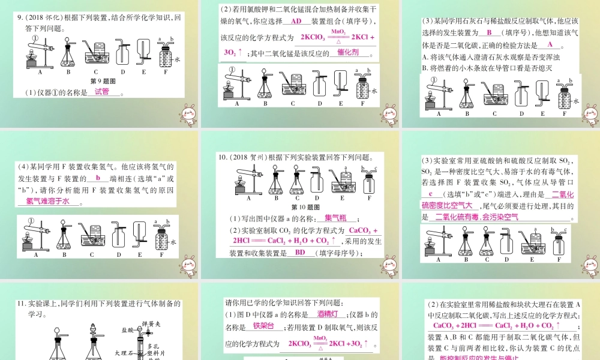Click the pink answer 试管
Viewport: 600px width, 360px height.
[102, 92]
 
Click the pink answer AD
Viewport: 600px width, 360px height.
[296, 22]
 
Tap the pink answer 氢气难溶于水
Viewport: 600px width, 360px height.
[48, 202]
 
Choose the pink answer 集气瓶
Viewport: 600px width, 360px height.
[335, 218]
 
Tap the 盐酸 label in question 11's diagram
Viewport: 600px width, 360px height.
[127, 329]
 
